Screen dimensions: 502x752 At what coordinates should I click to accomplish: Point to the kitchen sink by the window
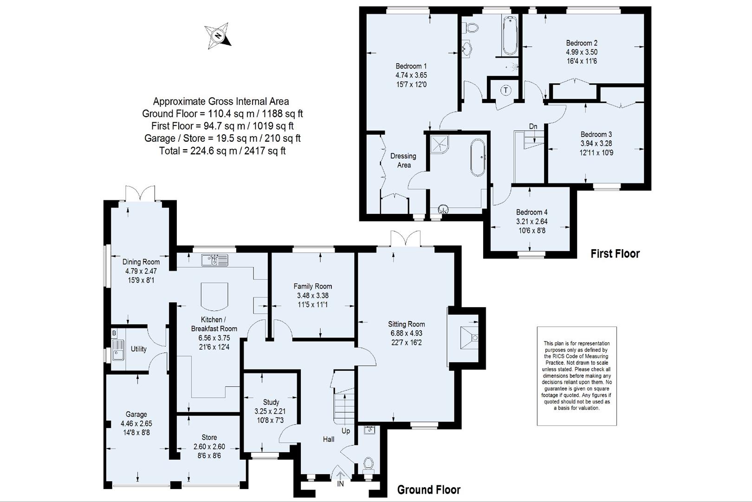tap(214, 260)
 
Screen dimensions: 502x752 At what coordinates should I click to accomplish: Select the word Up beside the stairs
tap(346, 431)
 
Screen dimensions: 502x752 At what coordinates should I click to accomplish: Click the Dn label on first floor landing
tap(533, 126)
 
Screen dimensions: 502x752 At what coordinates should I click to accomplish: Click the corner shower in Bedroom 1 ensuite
tap(439, 144)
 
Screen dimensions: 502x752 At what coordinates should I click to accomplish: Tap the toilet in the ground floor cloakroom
tap(369, 463)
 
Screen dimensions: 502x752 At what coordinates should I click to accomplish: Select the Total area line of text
tap(222, 151)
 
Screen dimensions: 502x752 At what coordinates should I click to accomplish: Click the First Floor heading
tap(615, 254)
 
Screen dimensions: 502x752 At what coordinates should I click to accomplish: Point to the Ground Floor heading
tap(428, 489)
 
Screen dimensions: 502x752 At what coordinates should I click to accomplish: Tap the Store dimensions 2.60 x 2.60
tap(209, 447)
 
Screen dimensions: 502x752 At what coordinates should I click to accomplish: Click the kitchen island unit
tap(214, 296)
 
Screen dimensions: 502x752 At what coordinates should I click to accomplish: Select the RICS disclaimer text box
tap(577, 376)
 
